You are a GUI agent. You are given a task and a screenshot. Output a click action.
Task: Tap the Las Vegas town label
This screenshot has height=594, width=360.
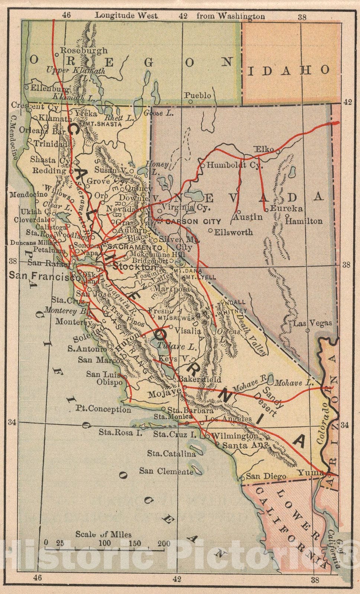[313, 323]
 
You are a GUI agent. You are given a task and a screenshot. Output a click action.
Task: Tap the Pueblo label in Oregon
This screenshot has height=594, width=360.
[197, 95]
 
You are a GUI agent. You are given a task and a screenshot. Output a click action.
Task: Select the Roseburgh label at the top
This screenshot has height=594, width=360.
[84, 50]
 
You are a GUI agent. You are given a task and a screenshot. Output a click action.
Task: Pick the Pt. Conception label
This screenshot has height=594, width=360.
[104, 409]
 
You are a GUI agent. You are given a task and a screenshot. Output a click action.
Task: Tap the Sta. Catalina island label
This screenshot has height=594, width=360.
[171, 453]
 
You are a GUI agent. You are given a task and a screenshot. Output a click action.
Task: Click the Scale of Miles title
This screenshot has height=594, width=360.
[103, 534]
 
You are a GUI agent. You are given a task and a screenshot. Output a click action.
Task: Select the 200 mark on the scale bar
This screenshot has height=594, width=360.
[163, 544]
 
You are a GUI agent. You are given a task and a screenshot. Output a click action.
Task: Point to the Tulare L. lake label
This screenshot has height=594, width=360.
[176, 347]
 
